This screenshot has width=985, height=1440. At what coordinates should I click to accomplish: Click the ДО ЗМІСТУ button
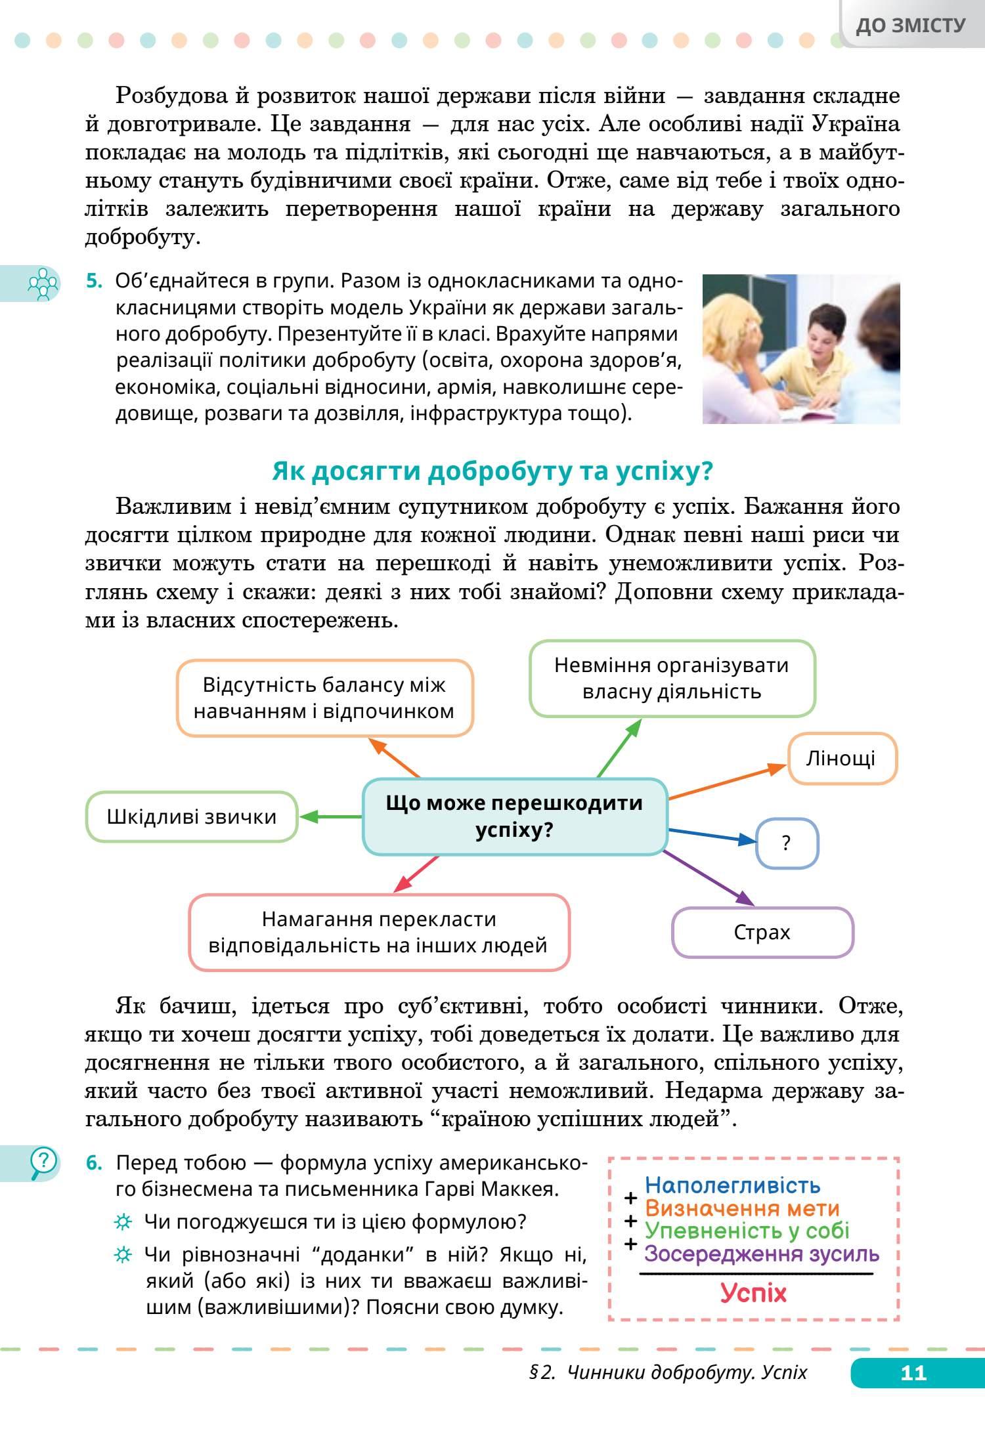click(x=911, y=25)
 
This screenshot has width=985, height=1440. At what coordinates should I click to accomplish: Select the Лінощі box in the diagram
click(x=841, y=759)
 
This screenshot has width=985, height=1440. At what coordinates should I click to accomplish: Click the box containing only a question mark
click(x=787, y=843)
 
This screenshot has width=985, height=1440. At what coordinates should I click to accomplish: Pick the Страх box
click(x=762, y=933)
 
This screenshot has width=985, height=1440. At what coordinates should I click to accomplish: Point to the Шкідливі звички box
click(x=191, y=817)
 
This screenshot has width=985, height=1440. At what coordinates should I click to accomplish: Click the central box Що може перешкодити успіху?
click(x=514, y=816)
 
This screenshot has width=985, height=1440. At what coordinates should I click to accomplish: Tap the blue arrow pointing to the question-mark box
click(x=712, y=835)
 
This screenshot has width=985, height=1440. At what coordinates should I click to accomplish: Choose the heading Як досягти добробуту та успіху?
click(x=492, y=471)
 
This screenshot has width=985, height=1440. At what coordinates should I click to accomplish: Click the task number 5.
click(x=94, y=281)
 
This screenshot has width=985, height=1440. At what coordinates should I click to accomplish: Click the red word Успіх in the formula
click(x=753, y=1293)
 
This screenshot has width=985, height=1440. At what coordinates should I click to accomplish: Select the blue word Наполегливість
click(x=732, y=1185)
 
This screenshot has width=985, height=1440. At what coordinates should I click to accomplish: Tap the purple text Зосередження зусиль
click(x=762, y=1254)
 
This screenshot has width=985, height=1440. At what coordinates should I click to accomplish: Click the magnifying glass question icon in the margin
click(x=43, y=1163)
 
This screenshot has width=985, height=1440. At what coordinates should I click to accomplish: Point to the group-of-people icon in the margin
click(x=43, y=284)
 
